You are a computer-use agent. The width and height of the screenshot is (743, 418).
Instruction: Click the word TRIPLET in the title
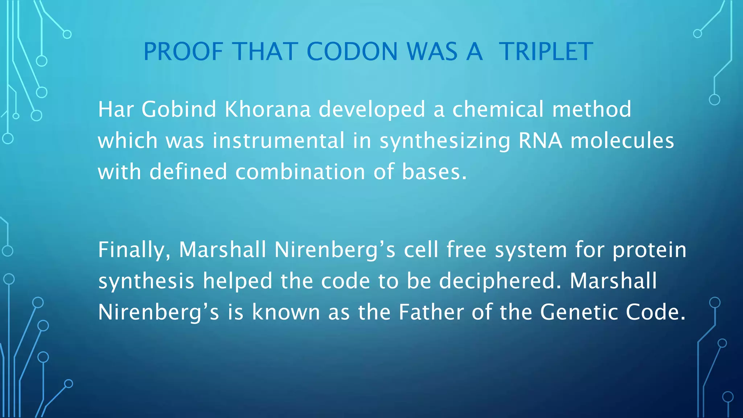point(546,52)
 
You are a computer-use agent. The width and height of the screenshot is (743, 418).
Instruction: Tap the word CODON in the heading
point(352,52)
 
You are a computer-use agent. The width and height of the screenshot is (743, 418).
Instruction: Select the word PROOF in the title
point(183,52)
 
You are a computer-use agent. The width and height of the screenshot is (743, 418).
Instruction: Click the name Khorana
point(268,109)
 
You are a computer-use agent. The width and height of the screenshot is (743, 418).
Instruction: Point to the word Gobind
point(179,109)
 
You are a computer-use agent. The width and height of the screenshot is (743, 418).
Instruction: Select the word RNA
point(540,140)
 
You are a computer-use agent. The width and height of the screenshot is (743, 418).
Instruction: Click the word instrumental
point(278,140)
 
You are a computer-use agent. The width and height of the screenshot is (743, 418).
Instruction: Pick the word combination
point(300,172)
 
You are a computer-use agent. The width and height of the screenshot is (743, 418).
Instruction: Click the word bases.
point(434,172)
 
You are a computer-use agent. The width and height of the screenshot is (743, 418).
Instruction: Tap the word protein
point(649,250)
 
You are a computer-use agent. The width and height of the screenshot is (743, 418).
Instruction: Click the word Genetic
point(579,312)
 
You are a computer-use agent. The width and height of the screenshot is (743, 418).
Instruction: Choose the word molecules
point(622,140)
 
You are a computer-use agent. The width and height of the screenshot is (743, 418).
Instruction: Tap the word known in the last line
point(286,312)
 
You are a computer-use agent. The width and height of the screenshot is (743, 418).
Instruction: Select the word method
point(591,109)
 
